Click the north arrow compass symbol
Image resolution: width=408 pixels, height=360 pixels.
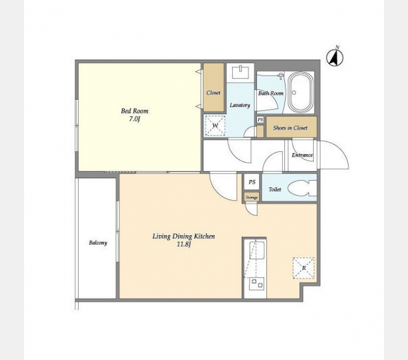click(x=335, y=57)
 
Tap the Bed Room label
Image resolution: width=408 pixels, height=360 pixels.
click(x=134, y=111)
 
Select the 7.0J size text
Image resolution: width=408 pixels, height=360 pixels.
click(x=134, y=119)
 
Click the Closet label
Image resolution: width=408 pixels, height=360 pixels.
click(x=214, y=92)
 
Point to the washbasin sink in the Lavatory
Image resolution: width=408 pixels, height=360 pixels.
click(x=240, y=72)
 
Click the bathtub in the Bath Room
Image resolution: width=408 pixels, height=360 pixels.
click(x=301, y=92)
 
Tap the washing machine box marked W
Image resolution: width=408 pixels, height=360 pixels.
click(x=215, y=125)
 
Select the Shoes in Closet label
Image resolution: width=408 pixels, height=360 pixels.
click(x=290, y=128)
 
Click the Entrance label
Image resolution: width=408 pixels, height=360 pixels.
click(x=302, y=155)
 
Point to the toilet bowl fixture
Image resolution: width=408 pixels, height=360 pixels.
click(x=302, y=188)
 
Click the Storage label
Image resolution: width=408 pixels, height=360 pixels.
click(x=251, y=197)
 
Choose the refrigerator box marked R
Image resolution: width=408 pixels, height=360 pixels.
click(x=304, y=268)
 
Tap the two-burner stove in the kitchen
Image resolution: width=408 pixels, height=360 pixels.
click(x=257, y=283)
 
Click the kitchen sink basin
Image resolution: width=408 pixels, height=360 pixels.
click(x=257, y=250)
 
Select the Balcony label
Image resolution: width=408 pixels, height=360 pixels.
click(x=98, y=242)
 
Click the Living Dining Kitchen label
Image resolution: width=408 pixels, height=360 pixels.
click(x=184, y=236)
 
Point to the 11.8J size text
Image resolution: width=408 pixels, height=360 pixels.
click(x=184, y=245)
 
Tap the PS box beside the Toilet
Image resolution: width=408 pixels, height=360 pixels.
click(x=251, y=182)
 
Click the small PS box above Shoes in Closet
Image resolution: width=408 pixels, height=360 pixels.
click(x=260, y=119)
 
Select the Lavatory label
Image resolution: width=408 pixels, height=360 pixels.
click(x=240, y=105)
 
